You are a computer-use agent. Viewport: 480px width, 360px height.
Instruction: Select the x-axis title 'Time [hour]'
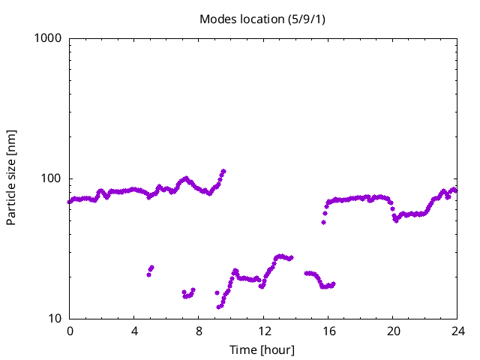[262, 349]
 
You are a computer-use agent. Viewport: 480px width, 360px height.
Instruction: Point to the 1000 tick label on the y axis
[48, 38]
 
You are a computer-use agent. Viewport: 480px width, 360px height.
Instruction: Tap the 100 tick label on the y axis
[51, 178]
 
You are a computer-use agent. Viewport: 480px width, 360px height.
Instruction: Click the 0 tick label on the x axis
[70, 331]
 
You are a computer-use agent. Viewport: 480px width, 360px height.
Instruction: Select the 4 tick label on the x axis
[134, 331]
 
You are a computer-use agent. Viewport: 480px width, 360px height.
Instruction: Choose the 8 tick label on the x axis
[199, 331]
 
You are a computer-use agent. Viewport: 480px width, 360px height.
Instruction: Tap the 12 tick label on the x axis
[263, 331]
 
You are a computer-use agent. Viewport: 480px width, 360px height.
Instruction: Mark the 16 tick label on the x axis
[328, 331]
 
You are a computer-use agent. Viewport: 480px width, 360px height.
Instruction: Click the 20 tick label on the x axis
[392, 331]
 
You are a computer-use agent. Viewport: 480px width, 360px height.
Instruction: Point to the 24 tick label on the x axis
[457, 331]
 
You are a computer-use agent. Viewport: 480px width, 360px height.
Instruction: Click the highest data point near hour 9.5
[223, 171]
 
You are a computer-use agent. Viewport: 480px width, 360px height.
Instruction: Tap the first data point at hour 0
[70, 202]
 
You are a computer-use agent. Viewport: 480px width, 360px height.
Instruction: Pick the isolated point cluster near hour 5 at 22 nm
[151, 270]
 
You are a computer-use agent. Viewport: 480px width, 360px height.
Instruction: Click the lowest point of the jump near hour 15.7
[323, 222]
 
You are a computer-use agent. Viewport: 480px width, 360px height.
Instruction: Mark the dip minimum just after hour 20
[395, 220]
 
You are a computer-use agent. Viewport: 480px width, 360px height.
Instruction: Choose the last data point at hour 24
[455, 190]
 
